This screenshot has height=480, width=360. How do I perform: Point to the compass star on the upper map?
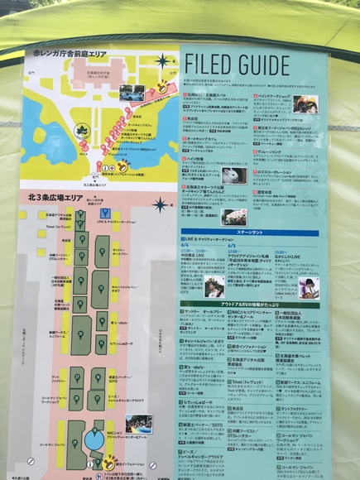click(x=162, y=60)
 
